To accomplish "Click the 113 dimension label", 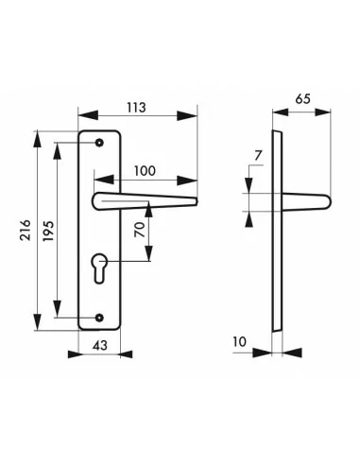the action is point(137,108).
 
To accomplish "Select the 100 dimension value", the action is point(145,171).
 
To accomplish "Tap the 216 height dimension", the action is point(26,231).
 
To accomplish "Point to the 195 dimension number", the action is point(48,231).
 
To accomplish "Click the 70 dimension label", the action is point(140,230).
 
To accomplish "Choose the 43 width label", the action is point(100,345).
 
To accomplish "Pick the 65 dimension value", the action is point(302,99).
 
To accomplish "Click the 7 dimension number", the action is point(258,155).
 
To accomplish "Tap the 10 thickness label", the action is point(240,342).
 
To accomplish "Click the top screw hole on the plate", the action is point(99,143).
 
